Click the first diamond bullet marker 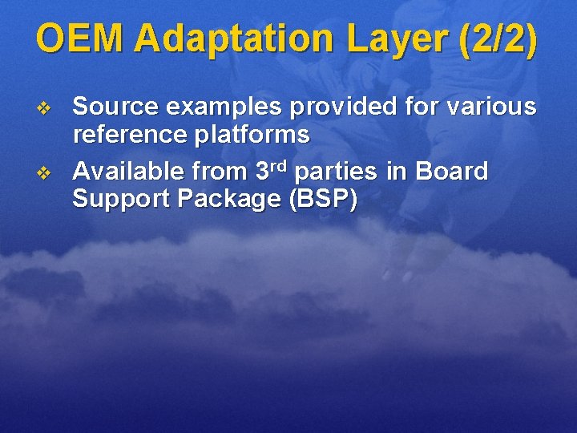[44, 107]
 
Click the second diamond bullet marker [44, 172]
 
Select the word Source [111, 106]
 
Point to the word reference [129, 135]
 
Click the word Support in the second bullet [113, 199]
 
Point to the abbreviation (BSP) [320, 199]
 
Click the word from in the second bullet [216, 171]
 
